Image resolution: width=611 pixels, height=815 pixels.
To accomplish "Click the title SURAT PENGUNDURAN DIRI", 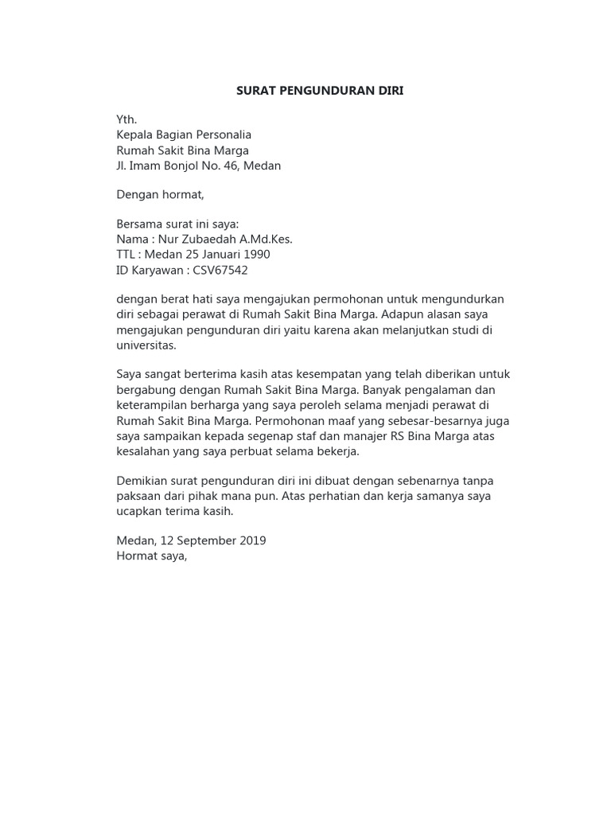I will point(320,91).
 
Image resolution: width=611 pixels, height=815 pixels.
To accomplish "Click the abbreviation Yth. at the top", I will point(126,119).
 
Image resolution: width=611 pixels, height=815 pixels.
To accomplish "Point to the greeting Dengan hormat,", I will point(160,194).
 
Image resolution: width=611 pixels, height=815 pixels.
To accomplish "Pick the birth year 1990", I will point(255,255).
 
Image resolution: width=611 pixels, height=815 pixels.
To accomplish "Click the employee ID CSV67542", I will point(220,270).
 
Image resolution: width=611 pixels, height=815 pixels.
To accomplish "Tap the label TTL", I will point(126,255).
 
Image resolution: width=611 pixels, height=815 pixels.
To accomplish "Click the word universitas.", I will point(146,345).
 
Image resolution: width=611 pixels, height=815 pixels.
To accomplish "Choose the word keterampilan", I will point(153,405).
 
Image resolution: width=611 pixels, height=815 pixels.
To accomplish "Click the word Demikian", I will point(143,481).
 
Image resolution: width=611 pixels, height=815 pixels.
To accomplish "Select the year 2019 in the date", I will point(251,540).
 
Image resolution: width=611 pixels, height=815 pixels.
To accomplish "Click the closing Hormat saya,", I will point(152,556).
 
